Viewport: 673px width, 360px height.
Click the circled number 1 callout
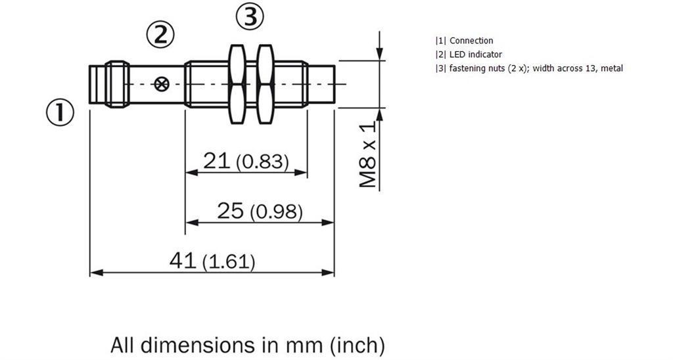[60, 112]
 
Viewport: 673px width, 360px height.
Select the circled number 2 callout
[160, 34]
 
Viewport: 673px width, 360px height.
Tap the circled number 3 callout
[250, 17]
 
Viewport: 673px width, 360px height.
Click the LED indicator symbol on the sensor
[162, 84]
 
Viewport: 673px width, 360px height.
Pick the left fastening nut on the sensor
[237, 84]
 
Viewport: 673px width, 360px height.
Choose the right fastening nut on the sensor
[266, 84]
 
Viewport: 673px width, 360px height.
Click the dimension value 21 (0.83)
[246, 162]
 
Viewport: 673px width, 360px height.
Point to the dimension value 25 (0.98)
[260, 211]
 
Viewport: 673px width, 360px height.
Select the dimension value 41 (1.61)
[212, 261]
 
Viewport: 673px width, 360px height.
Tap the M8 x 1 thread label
[368, 154]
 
